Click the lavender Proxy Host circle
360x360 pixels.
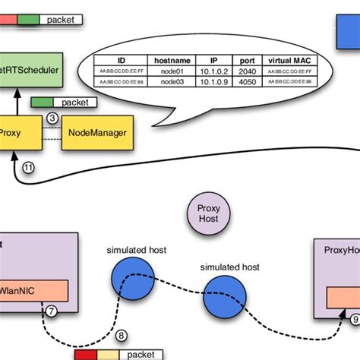coord(207,213)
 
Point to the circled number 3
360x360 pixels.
coord(52,118)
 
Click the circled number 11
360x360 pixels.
coord(28,168)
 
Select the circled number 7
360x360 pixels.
coord(52,309)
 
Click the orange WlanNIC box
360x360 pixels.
coord(34,289)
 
